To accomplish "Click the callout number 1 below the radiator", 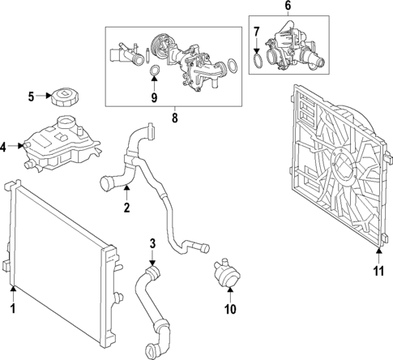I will point(13,309).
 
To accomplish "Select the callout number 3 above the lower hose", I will point(152,242).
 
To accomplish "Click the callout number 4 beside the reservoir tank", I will point(4,147).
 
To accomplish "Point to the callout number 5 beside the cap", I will point(31,97).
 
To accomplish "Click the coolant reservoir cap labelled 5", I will point(62,100).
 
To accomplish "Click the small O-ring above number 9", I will point(153,76).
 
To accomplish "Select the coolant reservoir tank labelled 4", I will point(57,146).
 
